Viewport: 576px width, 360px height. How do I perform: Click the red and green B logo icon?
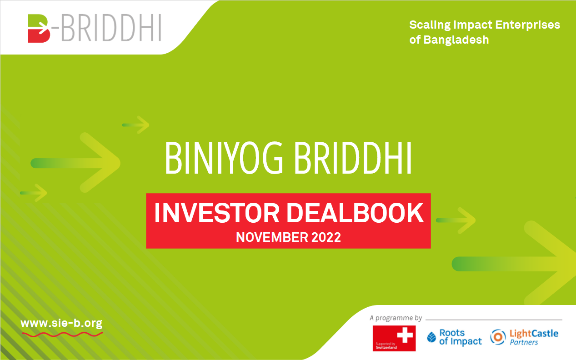[x=39, y=28]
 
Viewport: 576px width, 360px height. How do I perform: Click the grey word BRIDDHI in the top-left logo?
[x=111, y=28]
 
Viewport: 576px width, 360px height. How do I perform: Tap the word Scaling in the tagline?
[x=430, y=25]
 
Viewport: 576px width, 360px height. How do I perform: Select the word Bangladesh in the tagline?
[x=456, y=40]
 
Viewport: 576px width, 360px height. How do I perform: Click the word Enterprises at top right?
[x=528, y=25]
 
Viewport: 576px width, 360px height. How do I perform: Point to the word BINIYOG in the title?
[x=224, y=158]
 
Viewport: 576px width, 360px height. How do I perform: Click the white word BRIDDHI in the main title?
[x=353, y=158]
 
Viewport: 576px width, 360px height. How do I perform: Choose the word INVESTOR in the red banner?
[x=217, y=213]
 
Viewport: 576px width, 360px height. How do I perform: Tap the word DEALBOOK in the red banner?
[x=355, y=213]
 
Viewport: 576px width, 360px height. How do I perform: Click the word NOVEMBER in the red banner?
[x=272, y=237]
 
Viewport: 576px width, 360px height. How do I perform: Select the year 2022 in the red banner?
[x=326, y=237]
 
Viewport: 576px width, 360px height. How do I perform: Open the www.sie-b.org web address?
[x=61, y=323]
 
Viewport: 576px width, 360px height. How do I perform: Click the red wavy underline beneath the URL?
[x=62, y=334]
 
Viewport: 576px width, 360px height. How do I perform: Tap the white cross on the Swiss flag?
[x=405, y=335]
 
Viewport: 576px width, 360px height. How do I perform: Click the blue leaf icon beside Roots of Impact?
[x=431, y=337]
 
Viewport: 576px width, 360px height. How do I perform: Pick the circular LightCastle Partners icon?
[x=498, y=337]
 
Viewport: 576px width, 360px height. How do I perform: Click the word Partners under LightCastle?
[x=524, y=342]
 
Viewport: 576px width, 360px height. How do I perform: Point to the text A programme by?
[x=396, y=318]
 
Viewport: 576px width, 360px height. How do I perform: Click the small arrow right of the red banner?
[x=456, y=220]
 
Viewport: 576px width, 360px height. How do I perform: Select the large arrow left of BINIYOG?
[x=75, y=163]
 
